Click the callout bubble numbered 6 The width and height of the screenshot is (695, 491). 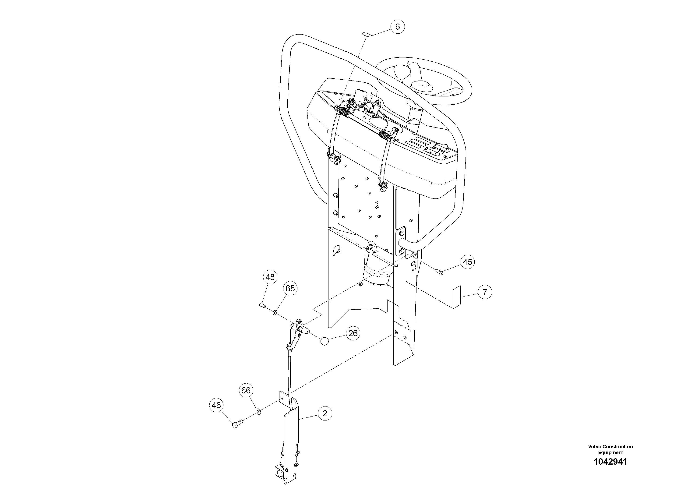tap(397, 27)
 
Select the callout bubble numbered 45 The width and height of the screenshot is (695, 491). tap(468, 262)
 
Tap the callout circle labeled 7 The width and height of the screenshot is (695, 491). tap(485, 292)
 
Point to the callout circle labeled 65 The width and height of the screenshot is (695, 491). tap(290, 289)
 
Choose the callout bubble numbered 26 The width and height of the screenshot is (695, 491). tap(353, 333)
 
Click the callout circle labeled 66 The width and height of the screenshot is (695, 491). tap(246, 391)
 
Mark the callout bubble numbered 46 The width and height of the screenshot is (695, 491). tap(216, 405)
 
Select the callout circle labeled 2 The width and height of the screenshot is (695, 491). tap(325, 413)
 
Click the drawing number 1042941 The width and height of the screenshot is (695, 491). tap(610, 470)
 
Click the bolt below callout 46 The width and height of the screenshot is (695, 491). tap(237, 425)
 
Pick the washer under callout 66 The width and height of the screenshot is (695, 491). tap(258, 411)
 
